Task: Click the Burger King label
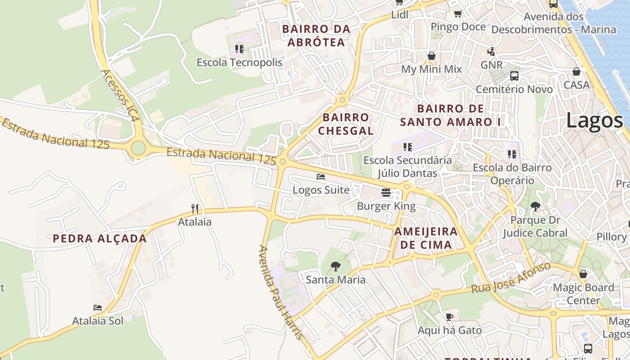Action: (x=386, y=206)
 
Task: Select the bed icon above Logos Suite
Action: (x=320, y=177)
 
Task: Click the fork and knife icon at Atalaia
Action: (x=195, y=208)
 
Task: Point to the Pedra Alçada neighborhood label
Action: (x=99, y=238)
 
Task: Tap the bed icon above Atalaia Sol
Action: (x=98, y=308)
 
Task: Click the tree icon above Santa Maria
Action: (x=335, y=266)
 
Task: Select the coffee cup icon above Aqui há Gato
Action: (x=449, y=317)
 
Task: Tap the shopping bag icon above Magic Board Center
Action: (x=583, y=274)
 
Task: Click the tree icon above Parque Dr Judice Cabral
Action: (x=535, y=207)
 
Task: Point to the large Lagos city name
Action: (x=594, y=121)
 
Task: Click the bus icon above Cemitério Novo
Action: (x=514, y=76)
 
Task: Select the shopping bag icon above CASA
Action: (x=576, y=72)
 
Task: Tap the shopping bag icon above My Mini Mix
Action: (x=432, y=56)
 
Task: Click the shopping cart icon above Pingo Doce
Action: (x=458, y=13)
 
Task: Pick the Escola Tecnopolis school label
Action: (x=239, y=63)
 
